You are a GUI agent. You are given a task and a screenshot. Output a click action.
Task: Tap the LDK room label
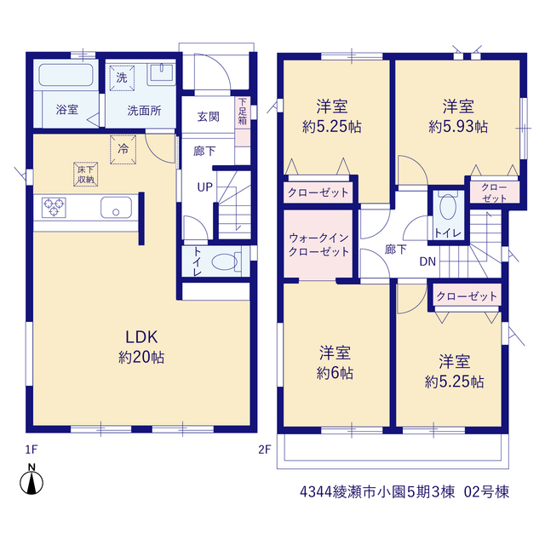pos(141,337)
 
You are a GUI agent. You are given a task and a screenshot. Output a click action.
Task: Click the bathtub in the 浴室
pos(66,75)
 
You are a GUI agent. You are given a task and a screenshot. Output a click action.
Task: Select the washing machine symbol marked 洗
pos(122,77)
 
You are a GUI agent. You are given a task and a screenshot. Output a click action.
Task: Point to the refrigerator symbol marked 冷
pos(123,150)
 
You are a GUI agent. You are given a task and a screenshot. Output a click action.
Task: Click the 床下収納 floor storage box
pos(85,175)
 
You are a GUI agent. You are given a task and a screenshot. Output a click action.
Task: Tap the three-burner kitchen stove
pos(54,208)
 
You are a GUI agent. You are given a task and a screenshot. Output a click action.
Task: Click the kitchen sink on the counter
pos(116,208)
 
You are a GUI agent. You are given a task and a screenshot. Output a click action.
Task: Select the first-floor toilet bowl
pos(227,262)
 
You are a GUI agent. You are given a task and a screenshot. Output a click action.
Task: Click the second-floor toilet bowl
pos(448,206)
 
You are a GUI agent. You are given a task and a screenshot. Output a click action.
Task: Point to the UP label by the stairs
pos(204,187)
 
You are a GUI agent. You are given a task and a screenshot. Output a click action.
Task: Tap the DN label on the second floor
pos(427,261)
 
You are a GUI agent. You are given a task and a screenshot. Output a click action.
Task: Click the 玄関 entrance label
pos(208,117)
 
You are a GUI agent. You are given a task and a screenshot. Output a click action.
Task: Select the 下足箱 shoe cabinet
pos(242,122)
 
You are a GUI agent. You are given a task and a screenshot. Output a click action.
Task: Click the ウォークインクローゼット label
pos(318,244)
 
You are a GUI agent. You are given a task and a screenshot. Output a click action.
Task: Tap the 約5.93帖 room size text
pos(458,127)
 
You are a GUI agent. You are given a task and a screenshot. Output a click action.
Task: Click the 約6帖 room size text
pos(335,373)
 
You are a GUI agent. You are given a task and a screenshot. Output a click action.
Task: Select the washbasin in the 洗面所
pos(161,74)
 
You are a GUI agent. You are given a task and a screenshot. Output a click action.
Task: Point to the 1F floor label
pos(31,450)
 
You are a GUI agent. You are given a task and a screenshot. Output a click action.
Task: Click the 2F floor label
pos(264,450)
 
